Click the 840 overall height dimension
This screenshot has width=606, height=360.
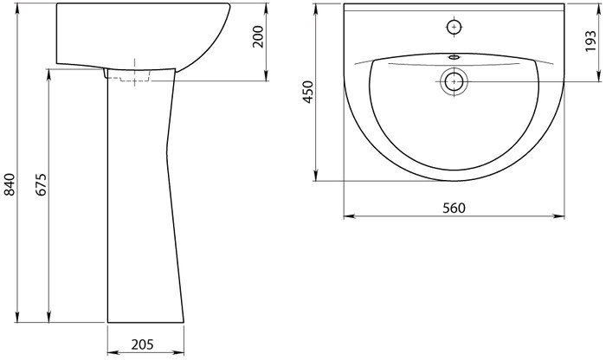[x=10, y=184]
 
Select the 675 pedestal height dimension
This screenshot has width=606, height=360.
[x=42, y=184]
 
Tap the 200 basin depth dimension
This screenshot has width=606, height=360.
[x=258, y=36]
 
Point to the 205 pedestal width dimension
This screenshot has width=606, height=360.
[x=142, y=344]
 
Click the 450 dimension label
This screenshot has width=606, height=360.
[x=308, y=92]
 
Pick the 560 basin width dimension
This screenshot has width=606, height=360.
[x=455, y=209]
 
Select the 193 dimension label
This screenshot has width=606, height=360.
[x=590, y=42]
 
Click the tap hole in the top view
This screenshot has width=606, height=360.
[x=455, y=27]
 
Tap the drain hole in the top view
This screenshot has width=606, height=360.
[x=455, y=82]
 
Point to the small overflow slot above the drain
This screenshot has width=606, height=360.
[x=455, y=58]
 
